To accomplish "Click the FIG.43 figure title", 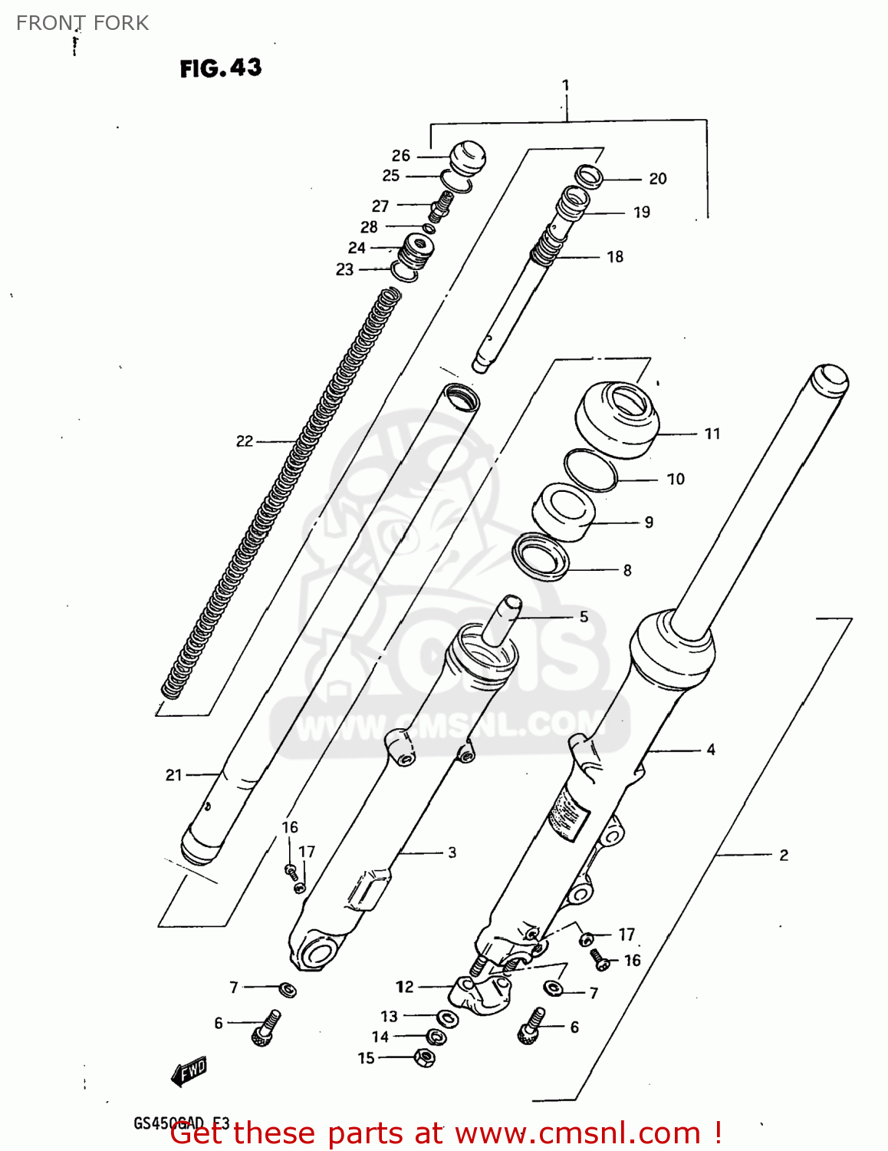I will [x=221, y=68].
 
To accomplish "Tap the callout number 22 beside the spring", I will [x=244, y=441].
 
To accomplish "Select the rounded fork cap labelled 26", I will [x=467, y=157].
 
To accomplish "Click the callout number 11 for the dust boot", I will [x=712, y=434].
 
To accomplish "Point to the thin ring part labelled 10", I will [x=590, y=470].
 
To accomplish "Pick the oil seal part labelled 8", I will [x=541, y=556].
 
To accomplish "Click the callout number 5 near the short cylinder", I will [x=584, y=616].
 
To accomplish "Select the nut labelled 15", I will [x=424, y=1057].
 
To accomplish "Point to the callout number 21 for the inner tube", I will [x=174, y=775].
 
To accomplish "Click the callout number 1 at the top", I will [x=565, y=85].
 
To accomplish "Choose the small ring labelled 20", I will [x=589, y=176].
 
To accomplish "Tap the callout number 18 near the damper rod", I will [x=615, y=257].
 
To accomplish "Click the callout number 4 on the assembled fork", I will [x=711, y=750].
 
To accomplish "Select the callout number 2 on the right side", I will [x=784, y=855].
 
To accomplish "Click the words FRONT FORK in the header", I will [x=82, y=23].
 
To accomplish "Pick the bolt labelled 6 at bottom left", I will [x=265, y=1027].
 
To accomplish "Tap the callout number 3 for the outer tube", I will [x=452, y=853].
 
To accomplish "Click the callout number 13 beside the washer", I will [x=389, y=1016].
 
